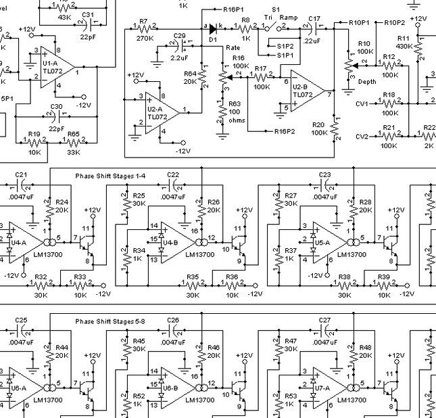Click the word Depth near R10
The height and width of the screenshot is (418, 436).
(368, 81)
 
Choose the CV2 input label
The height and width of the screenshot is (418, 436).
(362, 136)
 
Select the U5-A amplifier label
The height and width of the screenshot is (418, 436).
(322, 241)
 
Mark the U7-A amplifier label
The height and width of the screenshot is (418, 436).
(322, 388)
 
